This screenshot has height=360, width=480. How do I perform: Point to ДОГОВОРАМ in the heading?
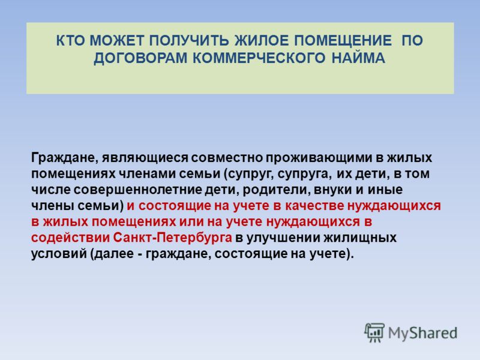[x=140, y=58]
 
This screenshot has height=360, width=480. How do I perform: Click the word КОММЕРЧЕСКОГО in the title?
[x=259, y=58]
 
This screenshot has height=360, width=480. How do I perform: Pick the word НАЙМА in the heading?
[x=358, y=58]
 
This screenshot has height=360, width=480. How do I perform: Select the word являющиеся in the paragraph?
[x=145, y=158]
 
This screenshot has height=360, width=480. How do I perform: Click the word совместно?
[x=227, y=158]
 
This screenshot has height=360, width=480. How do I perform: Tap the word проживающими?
[x=318, y=158]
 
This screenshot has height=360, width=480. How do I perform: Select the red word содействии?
[x=70, y=238]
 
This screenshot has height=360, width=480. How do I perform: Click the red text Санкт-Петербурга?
[x=172, y=238]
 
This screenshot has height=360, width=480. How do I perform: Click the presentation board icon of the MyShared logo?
[x=374, y=332]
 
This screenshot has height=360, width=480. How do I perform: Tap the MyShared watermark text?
[x=423, y=333]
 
